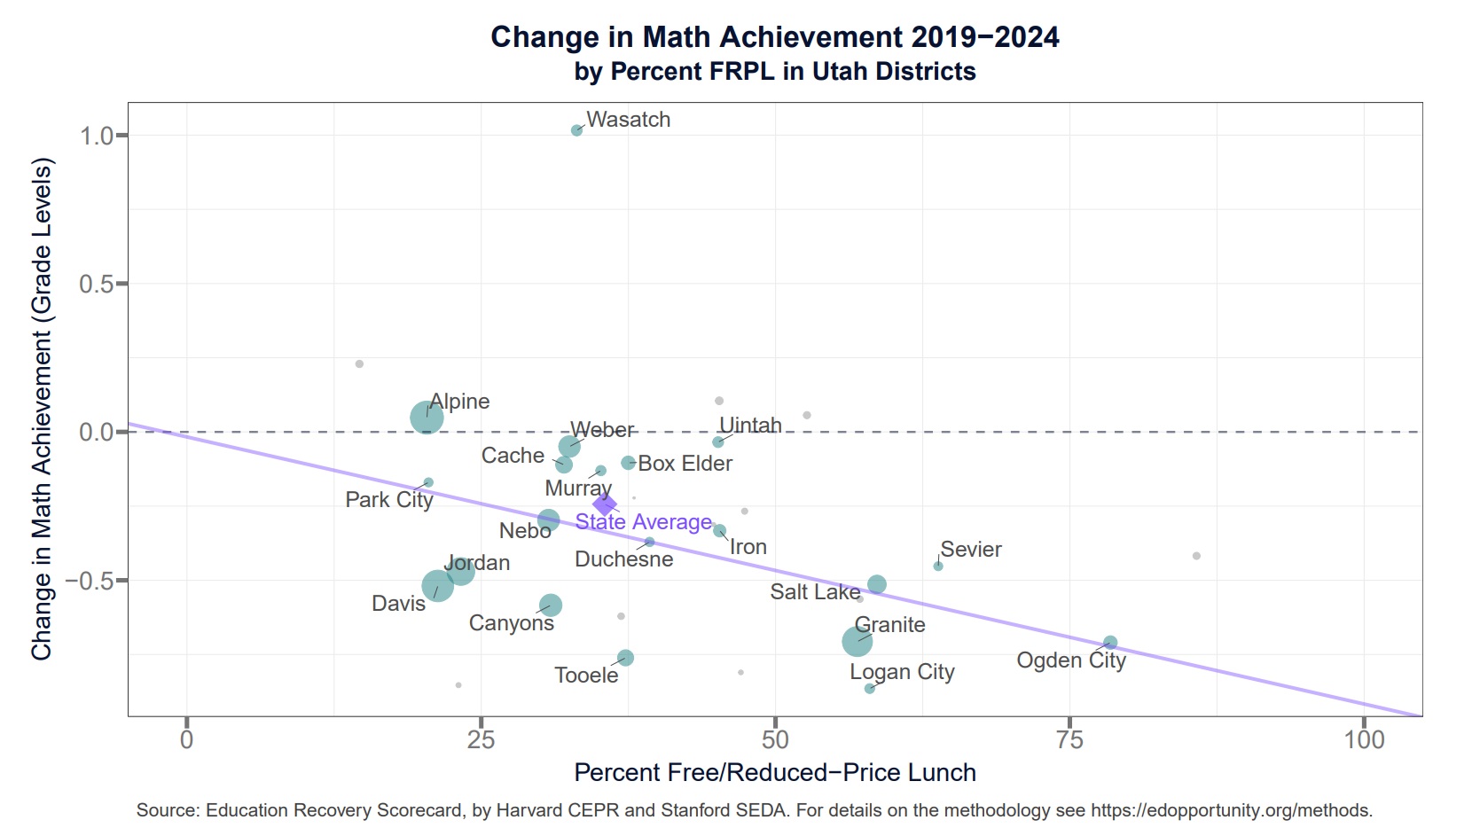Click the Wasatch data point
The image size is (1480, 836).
pyautogui.click(x=576, y=130)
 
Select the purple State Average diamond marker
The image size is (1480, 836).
pyautogui.click(x=605, y=504)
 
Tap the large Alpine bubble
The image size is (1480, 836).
pyautogui.click(x=427, y=418)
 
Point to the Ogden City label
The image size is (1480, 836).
pyautogui.click(x=1071, y=660)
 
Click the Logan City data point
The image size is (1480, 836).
pyautogui.click(x=870, y=689)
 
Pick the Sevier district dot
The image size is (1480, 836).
pyautogui.click(x=938, y=566)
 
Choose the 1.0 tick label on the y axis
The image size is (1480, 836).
pyautogui.click(x=98, y=136)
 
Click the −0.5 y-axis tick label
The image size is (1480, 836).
pyautogui.click(x=90, y=581)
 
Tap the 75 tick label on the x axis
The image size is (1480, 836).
pyautogui.click(x=1069, y=740)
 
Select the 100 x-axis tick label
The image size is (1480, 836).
pyautogui.click(x=1365, y=740)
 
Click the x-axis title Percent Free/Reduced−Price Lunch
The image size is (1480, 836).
pyautogui.click(x=775, y=772)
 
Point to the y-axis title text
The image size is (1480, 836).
pyautogui.click(x=41, y=409)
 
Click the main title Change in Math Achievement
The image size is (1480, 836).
pyautogui.click(x=775, y=37)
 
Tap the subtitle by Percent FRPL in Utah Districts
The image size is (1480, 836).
pyautogui.click(x=775, y=71)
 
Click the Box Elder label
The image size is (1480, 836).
pyautogui.click(x=685, y=464)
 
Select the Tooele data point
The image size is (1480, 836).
pyautogui.click(x=625, y=658)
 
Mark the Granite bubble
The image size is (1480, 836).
pyautogui.click(x=857, y=642)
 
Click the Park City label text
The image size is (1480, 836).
pyautogui.click(x=389, y=500)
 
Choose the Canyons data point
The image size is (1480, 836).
pyautogui.click(x=551, y=605)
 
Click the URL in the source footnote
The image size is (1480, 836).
pyautogui.click(x=1232, y=810)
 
